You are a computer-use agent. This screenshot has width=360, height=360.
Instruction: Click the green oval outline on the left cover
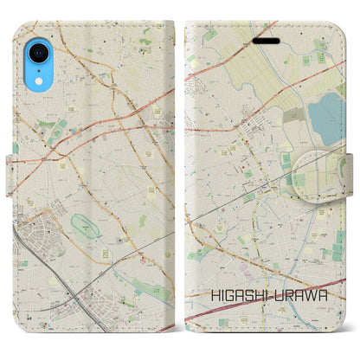click(x=86, y=228)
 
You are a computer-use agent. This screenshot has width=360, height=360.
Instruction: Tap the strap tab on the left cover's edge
click(x=14, y=149)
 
